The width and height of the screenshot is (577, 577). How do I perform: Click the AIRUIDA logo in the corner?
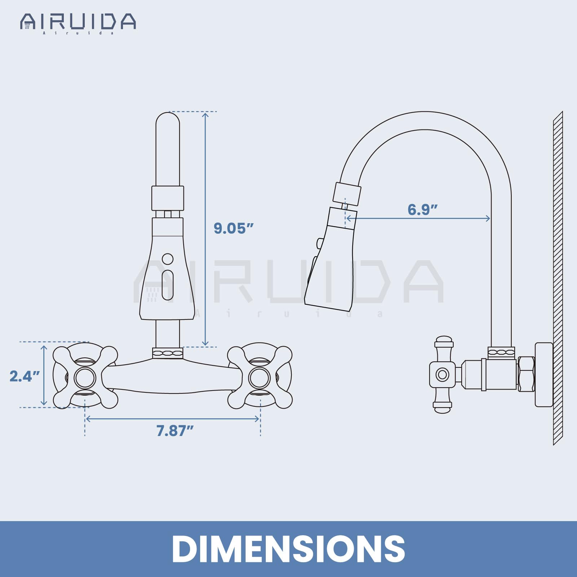[78, 22]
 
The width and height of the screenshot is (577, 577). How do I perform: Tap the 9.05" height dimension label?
[233, 228]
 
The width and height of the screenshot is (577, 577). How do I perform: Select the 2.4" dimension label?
[24, 376]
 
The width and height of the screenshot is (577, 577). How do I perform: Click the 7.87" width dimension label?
[175, 431]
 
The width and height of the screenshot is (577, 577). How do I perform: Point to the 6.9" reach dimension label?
[422, 210]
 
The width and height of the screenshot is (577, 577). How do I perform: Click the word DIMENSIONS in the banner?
[288, 549]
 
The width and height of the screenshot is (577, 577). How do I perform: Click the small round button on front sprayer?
[168, 259]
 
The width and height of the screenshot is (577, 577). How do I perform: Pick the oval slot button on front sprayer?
[168, 285]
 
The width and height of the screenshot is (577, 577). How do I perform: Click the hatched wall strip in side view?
[558, 278]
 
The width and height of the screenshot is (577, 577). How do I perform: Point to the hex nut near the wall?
[526, 374]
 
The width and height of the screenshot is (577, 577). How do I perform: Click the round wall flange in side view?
[544, 374]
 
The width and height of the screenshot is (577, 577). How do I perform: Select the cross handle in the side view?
[442, 374]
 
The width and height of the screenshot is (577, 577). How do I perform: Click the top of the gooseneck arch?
[426, 120]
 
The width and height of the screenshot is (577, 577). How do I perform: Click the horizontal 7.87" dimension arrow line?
[172, 419]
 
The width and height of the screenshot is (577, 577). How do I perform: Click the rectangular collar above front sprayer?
[168, 198]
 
